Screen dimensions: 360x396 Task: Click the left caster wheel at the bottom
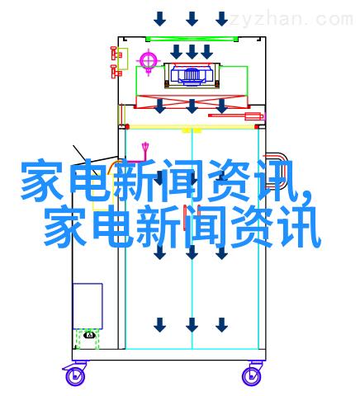point(74,377)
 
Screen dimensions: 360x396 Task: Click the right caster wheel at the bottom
point(252,376)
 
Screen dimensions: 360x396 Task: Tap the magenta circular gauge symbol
point(149,61)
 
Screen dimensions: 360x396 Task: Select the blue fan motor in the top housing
point(192,73)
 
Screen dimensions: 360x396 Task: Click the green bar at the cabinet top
point(192,39)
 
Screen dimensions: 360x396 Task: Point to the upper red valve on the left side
point(116,54)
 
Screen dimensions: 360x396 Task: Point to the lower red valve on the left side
point(116,71)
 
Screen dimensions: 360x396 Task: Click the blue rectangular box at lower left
point(88,306)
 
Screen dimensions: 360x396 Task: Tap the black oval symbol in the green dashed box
point(89,335)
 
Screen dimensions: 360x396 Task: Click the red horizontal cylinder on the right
point(236,115)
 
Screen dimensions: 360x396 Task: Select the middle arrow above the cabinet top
point(192,19)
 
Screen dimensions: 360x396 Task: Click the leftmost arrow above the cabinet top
point(159,19)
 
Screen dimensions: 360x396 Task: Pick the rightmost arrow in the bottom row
point(221,325)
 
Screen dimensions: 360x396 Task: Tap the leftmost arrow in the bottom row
point(159,325)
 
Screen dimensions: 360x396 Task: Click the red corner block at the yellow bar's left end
point(127,127)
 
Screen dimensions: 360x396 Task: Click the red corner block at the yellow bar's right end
point(257,127)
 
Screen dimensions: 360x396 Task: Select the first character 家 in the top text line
point(42,180)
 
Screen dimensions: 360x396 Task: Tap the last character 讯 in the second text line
point(300,226)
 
